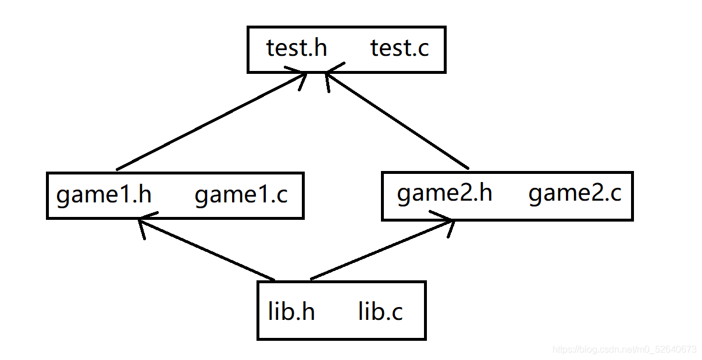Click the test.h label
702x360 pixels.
coord(297,48)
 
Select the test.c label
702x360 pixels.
coord(400,48)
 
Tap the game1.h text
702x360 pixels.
coord(104,195)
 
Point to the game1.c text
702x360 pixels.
coord(241,195)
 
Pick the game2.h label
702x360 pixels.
coord(444,193)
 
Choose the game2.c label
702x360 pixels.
coord(575,193)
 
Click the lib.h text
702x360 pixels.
coord(291,311)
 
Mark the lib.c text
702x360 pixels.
coord(380,311)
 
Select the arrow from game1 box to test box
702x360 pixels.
coord(212,121)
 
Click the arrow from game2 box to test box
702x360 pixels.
coord(397,120)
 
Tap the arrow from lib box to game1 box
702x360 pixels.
coord(206,249)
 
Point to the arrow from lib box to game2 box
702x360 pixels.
coord(382,250)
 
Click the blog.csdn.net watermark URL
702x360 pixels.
coord(624,349)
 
